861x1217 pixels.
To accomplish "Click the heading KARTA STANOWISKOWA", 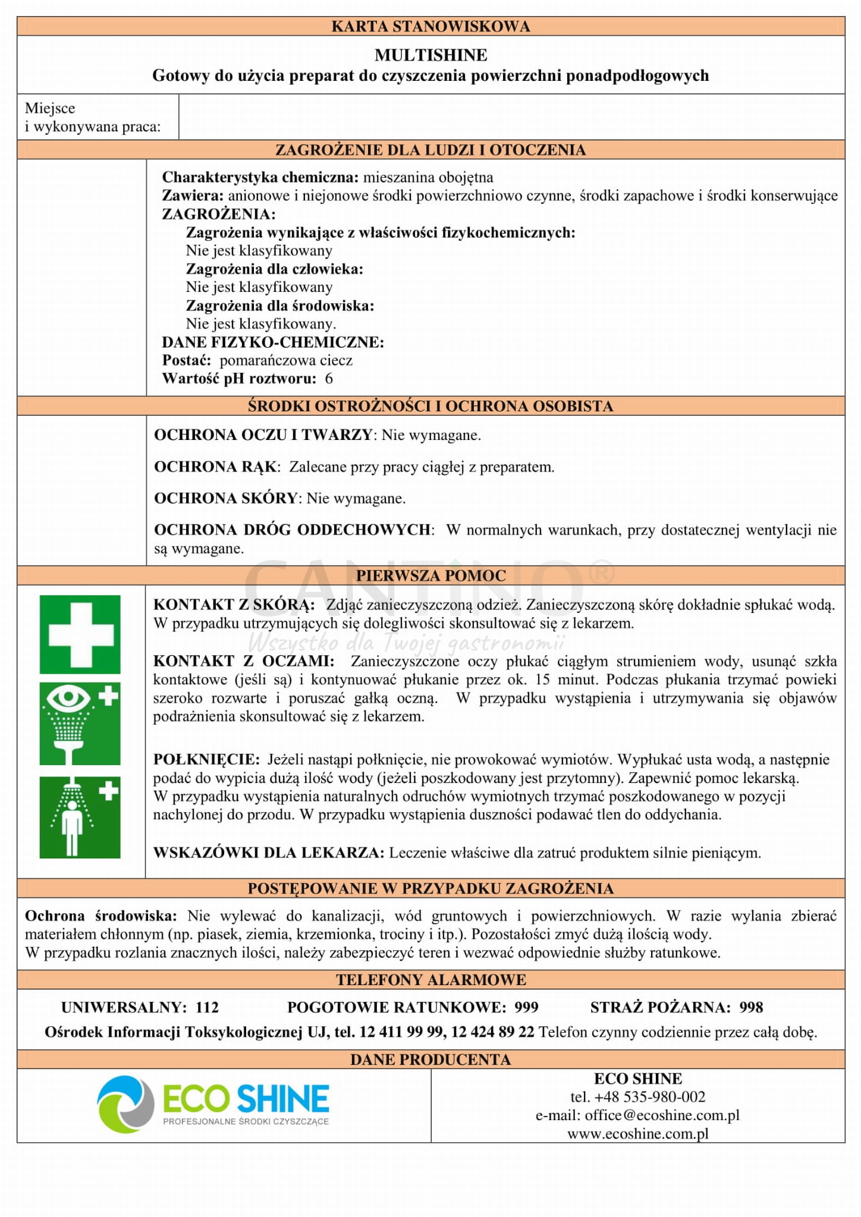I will click(x=430, y=26).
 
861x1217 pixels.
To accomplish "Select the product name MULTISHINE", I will click(x=430, y=55).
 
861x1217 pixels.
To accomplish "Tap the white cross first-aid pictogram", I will click(x=80, y=634).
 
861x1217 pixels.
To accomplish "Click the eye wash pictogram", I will click(x=80, y=724).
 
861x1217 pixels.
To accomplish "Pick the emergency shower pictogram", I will click(x=80, y=817).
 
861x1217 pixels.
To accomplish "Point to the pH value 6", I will click(x=329, y=379).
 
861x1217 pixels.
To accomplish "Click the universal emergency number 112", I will click(x=207, y=1007).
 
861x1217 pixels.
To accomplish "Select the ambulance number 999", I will click(x=526, y=1007).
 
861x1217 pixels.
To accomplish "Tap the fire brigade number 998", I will click(x=751, y=1007).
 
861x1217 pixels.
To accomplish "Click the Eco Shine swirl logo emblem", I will click(x=126, y=1103).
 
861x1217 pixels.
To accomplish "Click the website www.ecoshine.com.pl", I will click(x=637, y=1134).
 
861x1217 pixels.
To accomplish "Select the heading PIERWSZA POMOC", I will click(x=430, y=576).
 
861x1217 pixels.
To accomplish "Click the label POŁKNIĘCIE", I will click(x=206, y=760).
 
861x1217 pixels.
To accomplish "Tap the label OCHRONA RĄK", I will click(x=216, y=467).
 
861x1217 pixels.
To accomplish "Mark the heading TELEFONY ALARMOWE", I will click(x=430, y=980).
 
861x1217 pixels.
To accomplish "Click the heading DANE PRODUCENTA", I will click(x=430, y=1059).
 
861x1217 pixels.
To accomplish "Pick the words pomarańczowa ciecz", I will click(x=286, y=360).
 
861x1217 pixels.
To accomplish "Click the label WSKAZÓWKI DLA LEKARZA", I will click(x=269, y=853).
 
